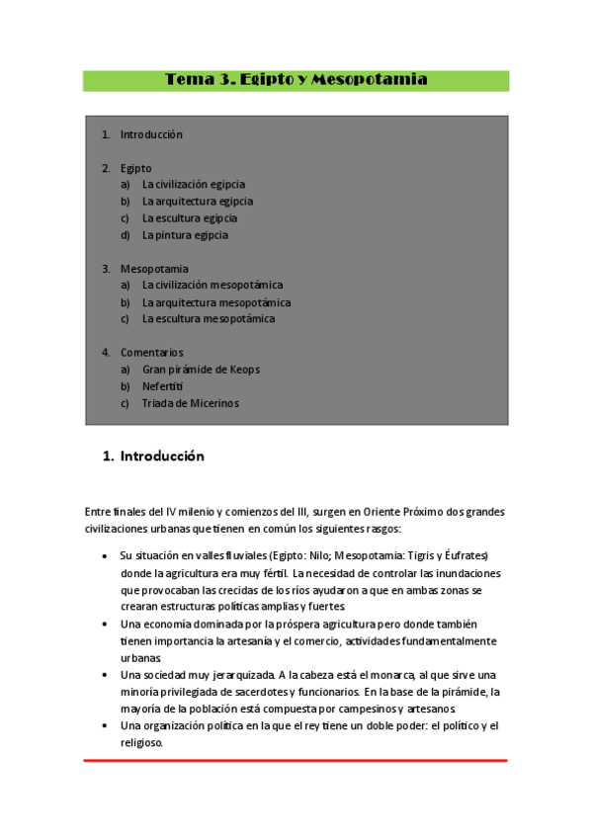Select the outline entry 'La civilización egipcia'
pos(193,184)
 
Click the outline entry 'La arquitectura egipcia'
pos(198,202)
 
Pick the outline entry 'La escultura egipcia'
pos(189,218)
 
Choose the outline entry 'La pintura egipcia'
pos(185,235)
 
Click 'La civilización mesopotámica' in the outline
pos(211,286)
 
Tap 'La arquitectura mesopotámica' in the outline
pos(216,302)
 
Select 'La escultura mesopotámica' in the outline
pos(209,319)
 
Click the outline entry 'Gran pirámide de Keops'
pos(201,370)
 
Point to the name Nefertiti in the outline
pos(162,386)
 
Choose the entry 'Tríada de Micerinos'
pos(190,403)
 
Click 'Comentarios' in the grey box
pos(151,353)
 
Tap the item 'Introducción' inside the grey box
pos(151,134)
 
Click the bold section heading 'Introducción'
pos(162,457)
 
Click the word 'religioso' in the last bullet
pos(139,742)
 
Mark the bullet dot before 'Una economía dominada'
pos(106,624)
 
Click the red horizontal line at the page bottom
pos(296,760)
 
